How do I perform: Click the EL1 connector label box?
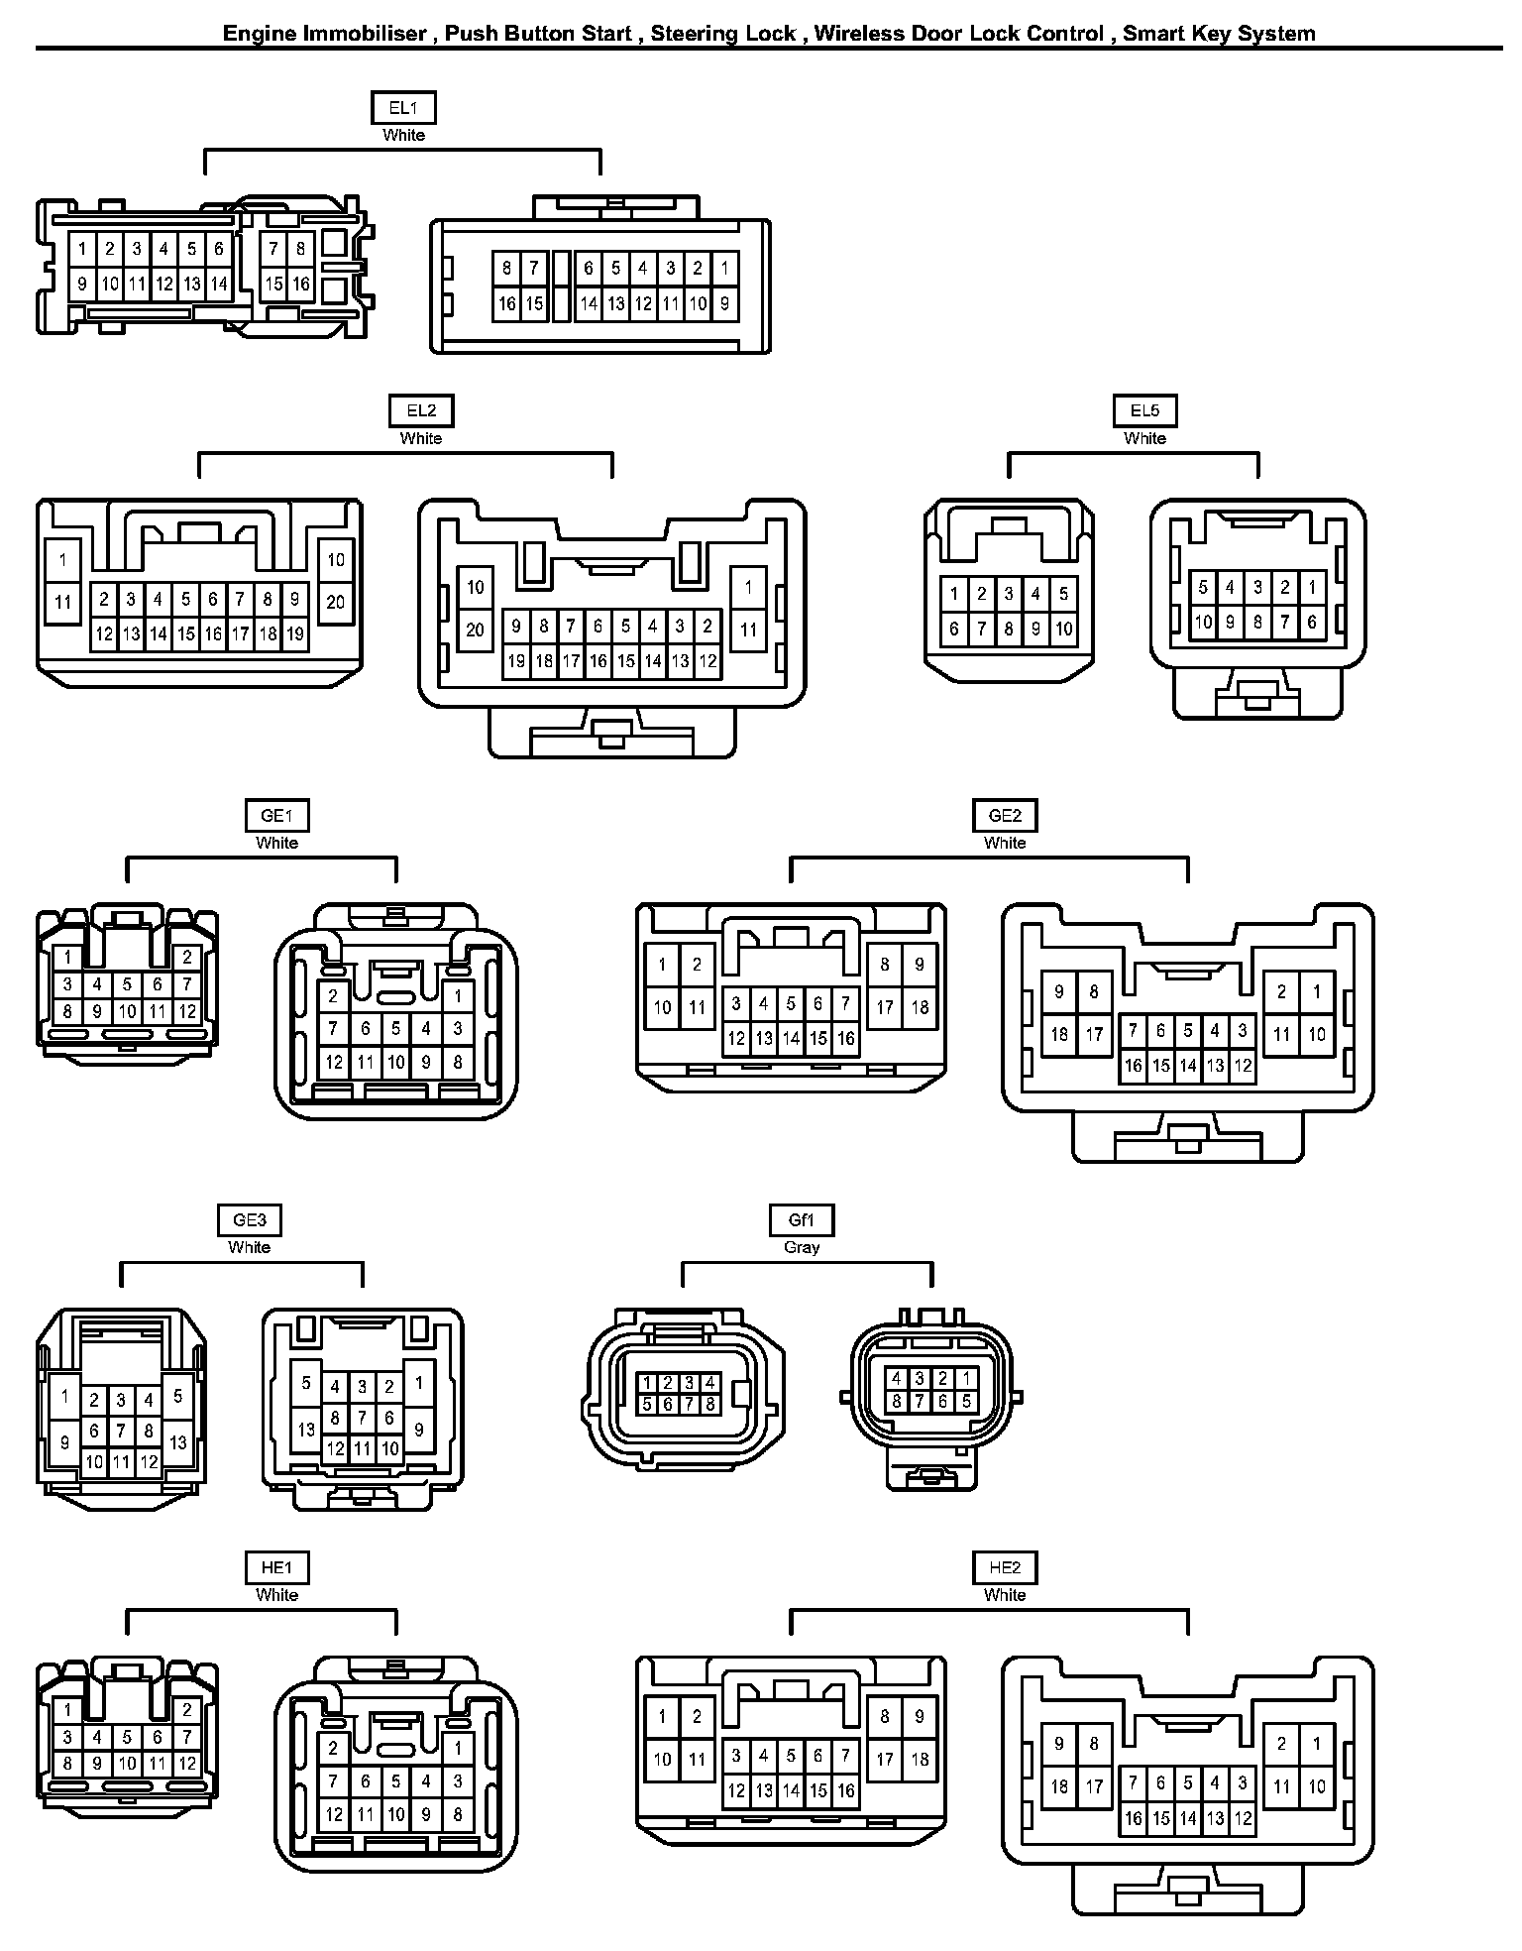(403, 108)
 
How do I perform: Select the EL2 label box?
(421, 411)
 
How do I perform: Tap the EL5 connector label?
(1144, 411)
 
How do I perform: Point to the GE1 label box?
(276, 816)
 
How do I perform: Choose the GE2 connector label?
(1005, 816)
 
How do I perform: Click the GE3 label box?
(249, 1220)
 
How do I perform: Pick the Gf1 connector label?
(802, 1220)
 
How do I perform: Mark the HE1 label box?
(276, 1568)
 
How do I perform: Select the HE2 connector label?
(1005, 1568)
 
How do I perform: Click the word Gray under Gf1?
(802, 1247)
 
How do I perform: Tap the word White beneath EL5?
(1144, 438)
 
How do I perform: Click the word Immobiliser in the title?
(366, 34)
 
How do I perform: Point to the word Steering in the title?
(687, 34)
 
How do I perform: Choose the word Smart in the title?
(1151, 34)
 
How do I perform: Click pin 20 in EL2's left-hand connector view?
(336, 602)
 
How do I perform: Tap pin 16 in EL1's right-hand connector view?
(507, 303)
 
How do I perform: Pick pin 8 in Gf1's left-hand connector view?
(710, 1404)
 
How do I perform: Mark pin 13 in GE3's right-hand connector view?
(307, 1429)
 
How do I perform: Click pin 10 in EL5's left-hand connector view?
(1063, 628)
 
